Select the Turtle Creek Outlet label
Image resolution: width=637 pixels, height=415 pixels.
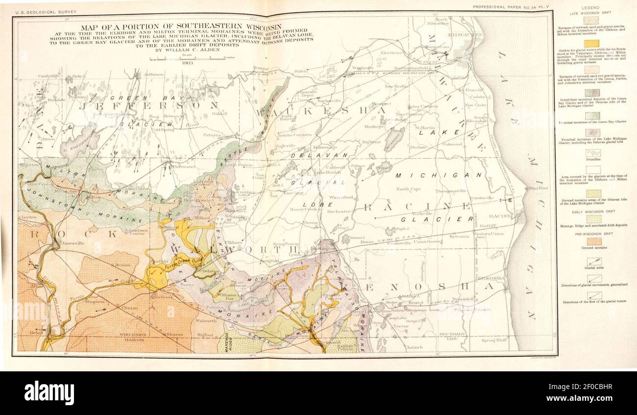(184, 264)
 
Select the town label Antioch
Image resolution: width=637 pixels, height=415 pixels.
(414, 347)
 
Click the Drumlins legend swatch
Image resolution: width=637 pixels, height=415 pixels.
(593, 153)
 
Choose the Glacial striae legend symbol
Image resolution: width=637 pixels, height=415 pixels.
(593, 261)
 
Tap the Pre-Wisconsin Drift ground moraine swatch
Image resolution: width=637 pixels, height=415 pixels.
(593, 241)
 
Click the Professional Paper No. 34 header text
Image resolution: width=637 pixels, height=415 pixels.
(513, 6)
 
